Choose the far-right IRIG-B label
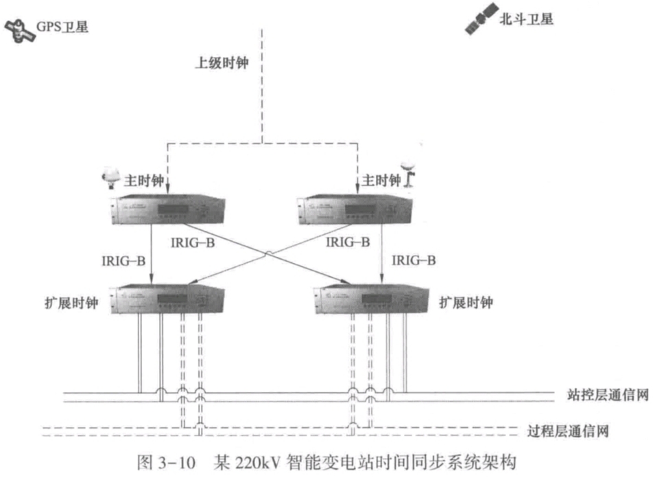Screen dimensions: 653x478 coord(414,261)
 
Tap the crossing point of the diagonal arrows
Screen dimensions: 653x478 coord(268,253)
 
